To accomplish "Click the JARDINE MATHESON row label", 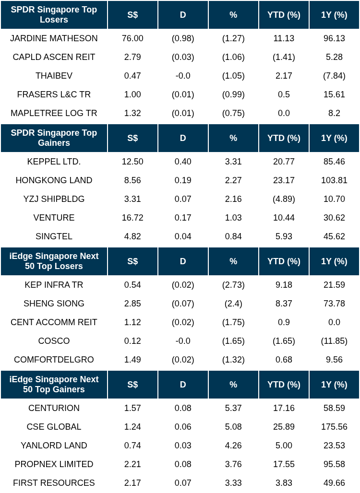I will pyautogui.click(x=54, y=38).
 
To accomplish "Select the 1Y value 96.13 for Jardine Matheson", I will pyautogui.click(x=334, y=38).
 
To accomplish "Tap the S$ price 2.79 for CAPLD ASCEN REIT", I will pyautogui.click(x=132, y=57).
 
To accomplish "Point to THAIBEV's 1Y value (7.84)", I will pyautogui.click(x=334, y=76).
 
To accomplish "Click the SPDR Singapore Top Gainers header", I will pyautogui.click(x=54, y=138).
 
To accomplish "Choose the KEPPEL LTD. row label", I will pyautogui.click(x=54, y=162).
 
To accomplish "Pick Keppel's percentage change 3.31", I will pyautogui.click(x=233, y=162).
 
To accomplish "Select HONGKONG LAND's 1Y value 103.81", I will pyautogui.click(x=334, y=180).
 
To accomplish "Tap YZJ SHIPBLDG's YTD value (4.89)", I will pyautogui.click(x=284, y=199).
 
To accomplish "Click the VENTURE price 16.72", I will pyautogui.click(x=132, y=218).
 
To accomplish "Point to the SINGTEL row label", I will pyautogui.click(x=54, y=236).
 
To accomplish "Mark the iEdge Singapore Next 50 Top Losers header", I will pyautogui.click(x=54, y=261).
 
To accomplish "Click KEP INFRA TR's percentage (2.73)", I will pyautogui.click(x=233, y=285).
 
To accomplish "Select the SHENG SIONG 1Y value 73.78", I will pyautogui.click(x=334, y=304).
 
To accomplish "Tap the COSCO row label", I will pyautogui.click(x=54, y=341).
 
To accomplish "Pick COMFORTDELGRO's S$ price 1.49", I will pyautogui.click(x=132, y=360).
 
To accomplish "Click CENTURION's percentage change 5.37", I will pyautogui.click(x=233, y=408).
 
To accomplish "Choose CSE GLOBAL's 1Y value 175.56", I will pyautogui.click(x=334, y=427).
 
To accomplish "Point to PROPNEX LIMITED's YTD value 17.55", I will pyautogui.click(x=284, y=464).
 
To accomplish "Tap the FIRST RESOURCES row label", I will pyautogui.click(x=54, y=483).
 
